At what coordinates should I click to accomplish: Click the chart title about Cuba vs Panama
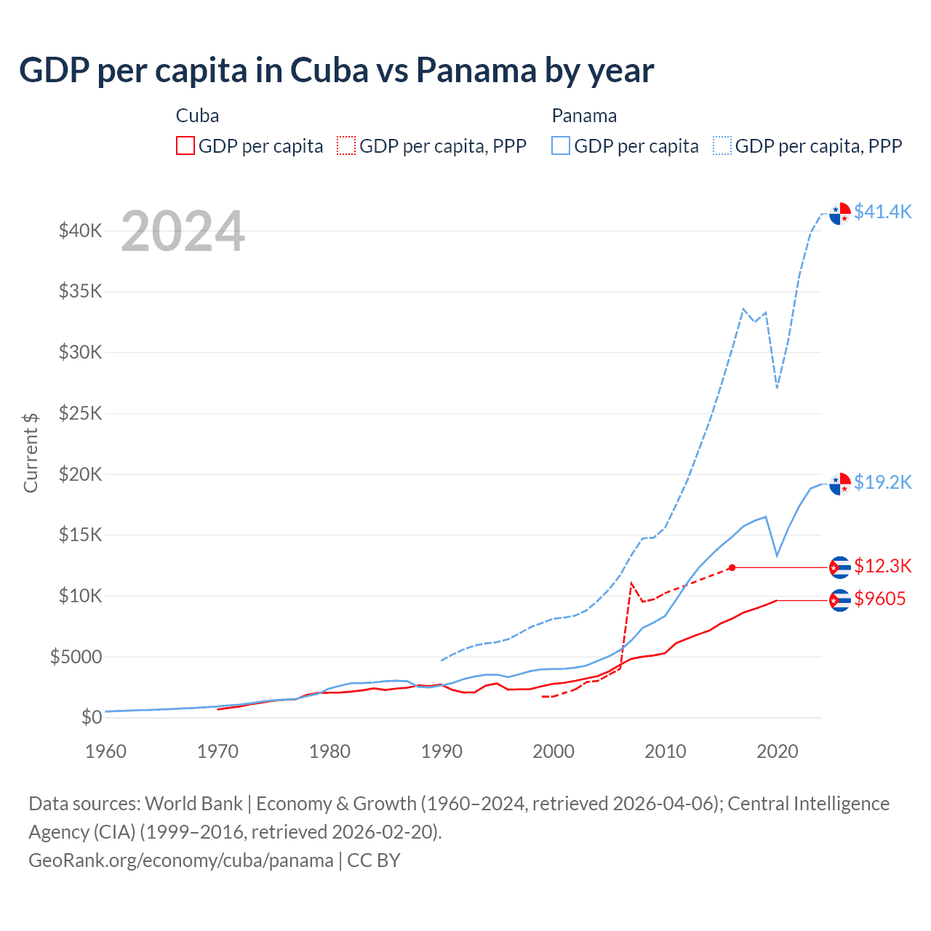[336, 71]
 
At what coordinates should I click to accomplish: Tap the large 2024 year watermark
[183, 232]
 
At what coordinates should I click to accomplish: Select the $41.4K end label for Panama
[882, 212]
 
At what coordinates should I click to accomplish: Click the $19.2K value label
[882, 482]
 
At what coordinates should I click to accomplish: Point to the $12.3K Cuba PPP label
[882, 566]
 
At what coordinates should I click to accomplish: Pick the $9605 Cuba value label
[879, 599]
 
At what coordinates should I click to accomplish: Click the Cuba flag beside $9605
[840, 600]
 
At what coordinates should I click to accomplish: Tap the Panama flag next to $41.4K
[840, 214]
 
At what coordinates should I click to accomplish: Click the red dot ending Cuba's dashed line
[732, 567]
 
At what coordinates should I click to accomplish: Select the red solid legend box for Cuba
[185, 146]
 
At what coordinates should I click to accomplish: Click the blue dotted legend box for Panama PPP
[722, 146]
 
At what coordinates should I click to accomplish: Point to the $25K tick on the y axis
[81, 414]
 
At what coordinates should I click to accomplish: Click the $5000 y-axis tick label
[76, 657]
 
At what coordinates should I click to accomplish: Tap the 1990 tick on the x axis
[441, 751]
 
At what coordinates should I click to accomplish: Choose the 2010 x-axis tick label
[665, 751]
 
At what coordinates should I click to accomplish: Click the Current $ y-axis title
[31, 452]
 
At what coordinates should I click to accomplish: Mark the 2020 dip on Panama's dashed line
[777, 387]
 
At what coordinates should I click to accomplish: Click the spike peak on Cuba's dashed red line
[631, 583]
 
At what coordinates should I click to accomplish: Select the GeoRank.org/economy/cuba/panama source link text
[180, 860]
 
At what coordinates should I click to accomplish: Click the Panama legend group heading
[584, 116]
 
